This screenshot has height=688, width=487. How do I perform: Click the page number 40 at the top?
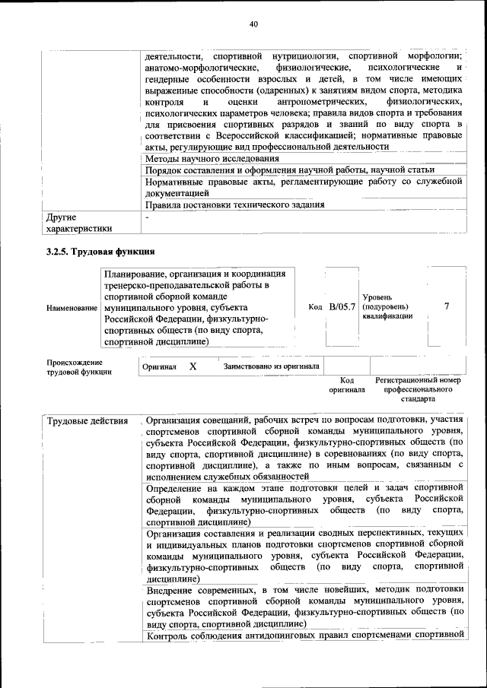click(254, 24)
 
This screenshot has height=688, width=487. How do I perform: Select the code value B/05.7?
click(342, 306)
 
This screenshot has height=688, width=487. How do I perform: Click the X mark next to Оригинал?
click(193, 366)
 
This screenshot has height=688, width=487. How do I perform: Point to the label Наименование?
click(72, 307)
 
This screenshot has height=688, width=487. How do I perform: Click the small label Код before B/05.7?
click(316, 307)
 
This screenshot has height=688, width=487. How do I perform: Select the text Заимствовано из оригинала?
click(271, 366)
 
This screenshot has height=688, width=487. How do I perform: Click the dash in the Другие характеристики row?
click(148, 217)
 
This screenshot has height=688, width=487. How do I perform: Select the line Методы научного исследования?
click(212, 158)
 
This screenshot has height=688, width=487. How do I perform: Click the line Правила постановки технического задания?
click(235, 204)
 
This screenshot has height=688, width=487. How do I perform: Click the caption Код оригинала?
click(347, 385)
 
